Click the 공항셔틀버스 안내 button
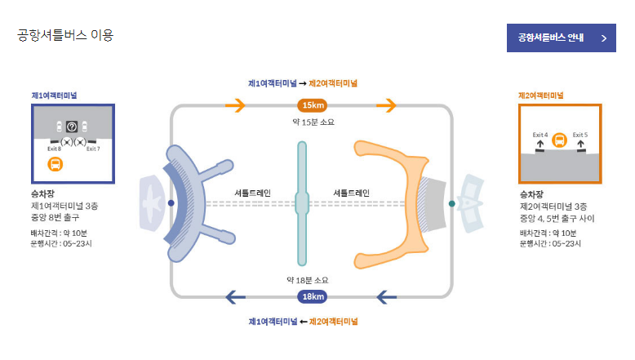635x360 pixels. tap(561, 38)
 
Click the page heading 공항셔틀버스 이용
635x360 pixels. tap(65, 35)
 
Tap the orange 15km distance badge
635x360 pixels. tap(313, 105)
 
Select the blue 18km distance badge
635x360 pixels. tap(313, 296)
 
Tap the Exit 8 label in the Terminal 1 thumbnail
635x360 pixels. tap(54, 149)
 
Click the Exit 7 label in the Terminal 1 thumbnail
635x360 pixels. tap(93, 149)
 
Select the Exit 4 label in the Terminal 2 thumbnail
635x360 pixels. tap(540, 134)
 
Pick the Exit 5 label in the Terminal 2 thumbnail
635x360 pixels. tap(580, 134)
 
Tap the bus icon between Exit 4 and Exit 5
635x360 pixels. tap(560, 140)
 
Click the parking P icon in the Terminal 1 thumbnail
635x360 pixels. tap(72, 127)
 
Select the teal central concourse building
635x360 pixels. tap(302, 202)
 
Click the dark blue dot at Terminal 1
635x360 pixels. tap(171, 202)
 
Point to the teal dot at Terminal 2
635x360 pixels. tap(451, 203)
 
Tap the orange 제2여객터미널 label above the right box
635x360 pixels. tap(541, 95)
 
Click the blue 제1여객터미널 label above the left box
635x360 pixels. tap(54, 95)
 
